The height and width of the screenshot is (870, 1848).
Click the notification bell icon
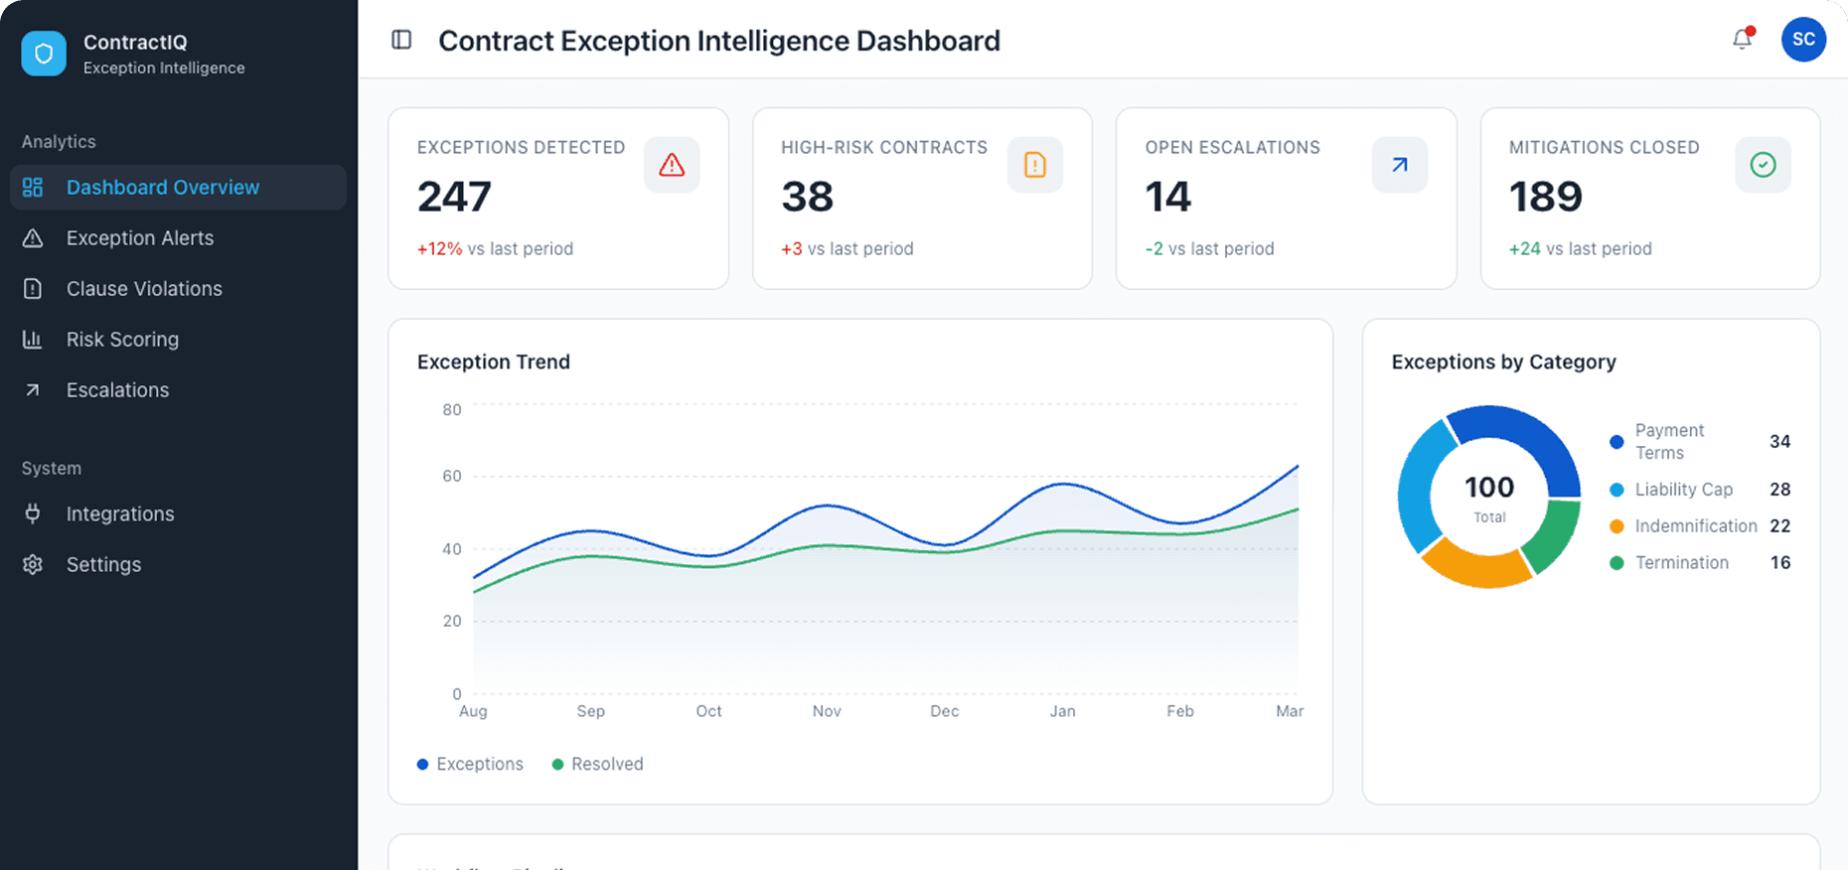(x=1742, y=40)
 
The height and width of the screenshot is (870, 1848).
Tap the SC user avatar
(x=1803, y=40)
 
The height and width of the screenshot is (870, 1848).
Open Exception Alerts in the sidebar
(x=139, y=238)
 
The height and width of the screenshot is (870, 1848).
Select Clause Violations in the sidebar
(x=144, y=289)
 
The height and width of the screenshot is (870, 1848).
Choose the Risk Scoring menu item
(x=122, y=340)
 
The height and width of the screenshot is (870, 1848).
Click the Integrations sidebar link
(x=120, y=514)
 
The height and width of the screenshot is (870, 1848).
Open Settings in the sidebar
(x=103, y=565)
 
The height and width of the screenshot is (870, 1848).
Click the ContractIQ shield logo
(x=44, y=54)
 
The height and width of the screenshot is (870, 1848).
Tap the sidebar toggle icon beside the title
(x=401, y=40)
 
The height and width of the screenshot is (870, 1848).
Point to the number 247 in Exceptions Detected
(x=454, y=197)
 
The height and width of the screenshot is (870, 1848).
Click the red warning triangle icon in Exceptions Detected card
(x=672, y=165)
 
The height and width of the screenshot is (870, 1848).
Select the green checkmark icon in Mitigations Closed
(x=1763, y=165)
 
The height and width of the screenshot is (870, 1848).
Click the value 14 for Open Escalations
(x=1167, y=197)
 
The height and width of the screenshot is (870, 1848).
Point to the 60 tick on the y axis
(x=452, y=477)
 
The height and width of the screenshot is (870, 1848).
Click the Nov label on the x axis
(x=827, y=711)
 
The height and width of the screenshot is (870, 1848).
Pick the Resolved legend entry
(x=598, y=764)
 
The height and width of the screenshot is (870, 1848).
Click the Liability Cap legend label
(x=1683, y=490)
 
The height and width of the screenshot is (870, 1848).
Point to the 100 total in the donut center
(x=1489, y=488)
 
